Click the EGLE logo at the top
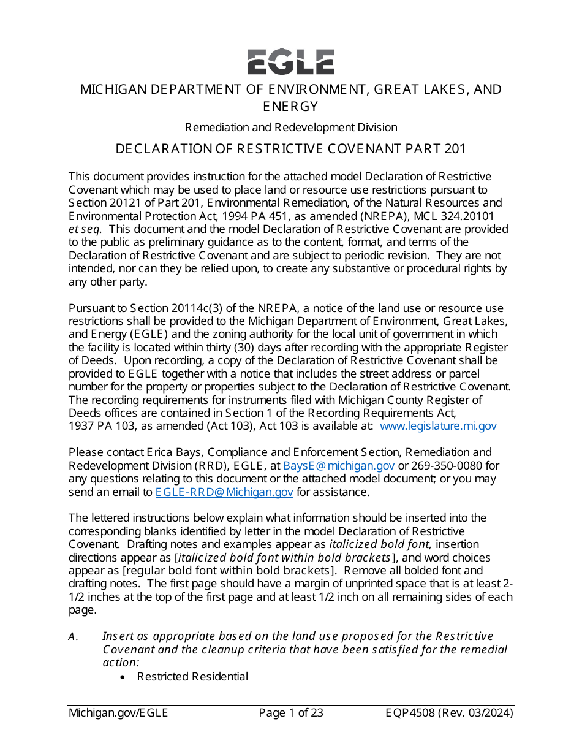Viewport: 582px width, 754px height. click(x=290, y=62)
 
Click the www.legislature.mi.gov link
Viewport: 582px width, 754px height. click(x=438, y=426)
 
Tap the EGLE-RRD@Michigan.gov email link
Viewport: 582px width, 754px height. click(x=224, y=492)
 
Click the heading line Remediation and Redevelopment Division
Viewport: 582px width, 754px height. click(x=290, y=128)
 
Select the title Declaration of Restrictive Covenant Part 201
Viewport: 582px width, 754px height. click(x=290, y=149)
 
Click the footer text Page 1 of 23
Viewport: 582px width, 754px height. click(x=290, y=713)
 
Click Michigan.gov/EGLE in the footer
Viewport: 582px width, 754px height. click(x=118, y=713)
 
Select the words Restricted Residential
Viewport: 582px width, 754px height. click(x=192, y=677)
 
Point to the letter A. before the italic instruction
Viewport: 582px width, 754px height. click(x=73, y=637)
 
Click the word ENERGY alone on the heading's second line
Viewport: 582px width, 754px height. click(x=290, y=107)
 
